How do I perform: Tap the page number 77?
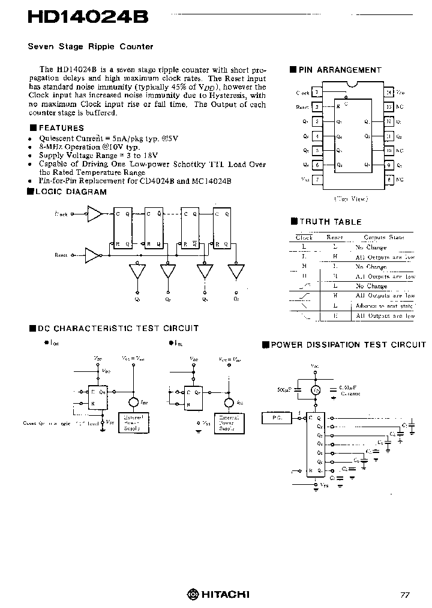405,595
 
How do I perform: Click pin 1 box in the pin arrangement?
316,93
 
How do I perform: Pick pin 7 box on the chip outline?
316,179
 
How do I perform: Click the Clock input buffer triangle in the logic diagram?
95,214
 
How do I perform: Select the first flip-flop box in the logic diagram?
122,229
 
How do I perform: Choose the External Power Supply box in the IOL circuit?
229,422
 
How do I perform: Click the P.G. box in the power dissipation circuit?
276,416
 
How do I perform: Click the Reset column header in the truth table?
334,237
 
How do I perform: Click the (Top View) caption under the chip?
351,199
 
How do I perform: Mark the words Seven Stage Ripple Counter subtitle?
91,46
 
